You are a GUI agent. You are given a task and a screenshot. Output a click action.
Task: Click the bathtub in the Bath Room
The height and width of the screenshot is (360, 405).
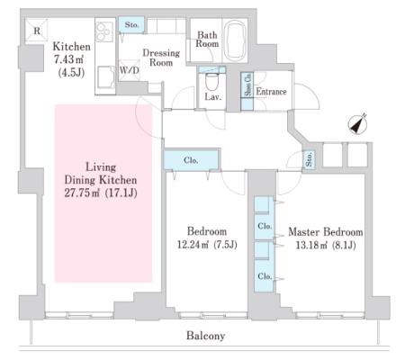tap(236, 40)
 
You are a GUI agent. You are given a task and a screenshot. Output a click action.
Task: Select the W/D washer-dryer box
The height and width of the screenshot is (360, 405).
tap(130, 70)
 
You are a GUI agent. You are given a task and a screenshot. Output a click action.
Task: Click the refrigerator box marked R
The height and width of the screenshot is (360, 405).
tap(37, 30)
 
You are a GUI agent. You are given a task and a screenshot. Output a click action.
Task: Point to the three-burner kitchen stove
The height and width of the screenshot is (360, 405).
tap(103, 31)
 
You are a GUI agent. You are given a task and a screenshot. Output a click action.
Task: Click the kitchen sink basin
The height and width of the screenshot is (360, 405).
tap(105, 77)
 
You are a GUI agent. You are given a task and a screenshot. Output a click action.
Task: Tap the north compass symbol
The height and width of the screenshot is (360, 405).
tap(357, 124)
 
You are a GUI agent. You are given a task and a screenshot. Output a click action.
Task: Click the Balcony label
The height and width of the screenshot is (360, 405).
tap(205, 336)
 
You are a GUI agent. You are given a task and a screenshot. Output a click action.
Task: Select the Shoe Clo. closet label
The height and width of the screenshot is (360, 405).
tap(247, 85)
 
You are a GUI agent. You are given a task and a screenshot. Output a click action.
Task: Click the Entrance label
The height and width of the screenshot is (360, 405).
tap(271, 92)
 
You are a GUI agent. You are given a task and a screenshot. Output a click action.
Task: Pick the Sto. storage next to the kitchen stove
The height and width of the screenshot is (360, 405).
tap(131, 24)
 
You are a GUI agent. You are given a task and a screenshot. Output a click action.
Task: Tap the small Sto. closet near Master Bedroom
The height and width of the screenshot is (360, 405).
tap(309, 158)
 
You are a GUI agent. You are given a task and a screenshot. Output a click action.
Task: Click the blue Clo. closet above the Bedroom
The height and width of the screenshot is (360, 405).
tap(191, 160)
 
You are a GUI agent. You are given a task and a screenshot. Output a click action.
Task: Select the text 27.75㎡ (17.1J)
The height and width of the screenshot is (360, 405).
tap(101, 193)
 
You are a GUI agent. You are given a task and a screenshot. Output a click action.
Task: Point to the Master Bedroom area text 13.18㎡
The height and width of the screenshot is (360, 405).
tap(311, 246)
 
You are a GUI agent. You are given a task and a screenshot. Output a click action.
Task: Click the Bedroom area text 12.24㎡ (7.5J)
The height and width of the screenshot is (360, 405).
tap(207, 245)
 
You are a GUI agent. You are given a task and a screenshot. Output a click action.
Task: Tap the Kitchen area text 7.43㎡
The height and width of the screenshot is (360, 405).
tap(68, 59)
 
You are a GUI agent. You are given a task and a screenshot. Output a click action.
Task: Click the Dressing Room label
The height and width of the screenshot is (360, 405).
tap(161, 58)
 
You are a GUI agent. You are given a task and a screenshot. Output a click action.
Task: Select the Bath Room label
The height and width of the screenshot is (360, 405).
tap(207, 40)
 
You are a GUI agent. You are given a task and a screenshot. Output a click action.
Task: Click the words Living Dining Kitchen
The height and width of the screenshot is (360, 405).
tap(101, 174)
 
